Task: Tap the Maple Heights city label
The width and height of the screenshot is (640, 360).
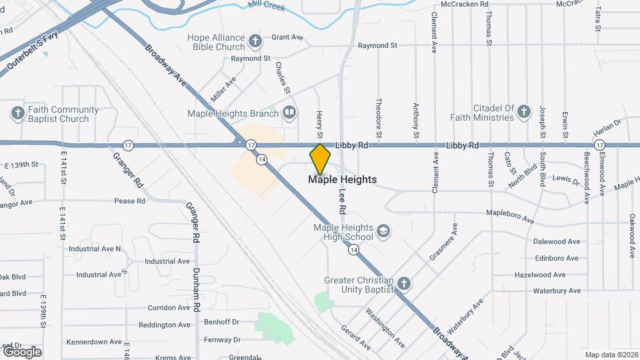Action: tap(342, 179)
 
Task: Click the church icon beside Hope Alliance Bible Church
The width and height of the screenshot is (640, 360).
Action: tap(255, 42)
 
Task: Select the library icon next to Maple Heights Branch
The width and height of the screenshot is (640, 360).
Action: tap(289, 112)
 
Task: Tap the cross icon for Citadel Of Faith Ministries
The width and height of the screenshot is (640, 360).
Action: tap(524, 112)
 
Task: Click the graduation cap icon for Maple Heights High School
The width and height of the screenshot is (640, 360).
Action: tap(383, 231)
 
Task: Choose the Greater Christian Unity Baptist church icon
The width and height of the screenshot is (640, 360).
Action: tap(403, 285)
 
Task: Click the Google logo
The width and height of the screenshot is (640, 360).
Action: tap(22, 351)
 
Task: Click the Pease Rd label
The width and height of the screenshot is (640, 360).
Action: tap(129, 201)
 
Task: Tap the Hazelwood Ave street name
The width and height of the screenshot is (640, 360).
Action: tap(540, 275)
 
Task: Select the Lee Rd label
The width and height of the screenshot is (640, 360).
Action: tap(342, 199)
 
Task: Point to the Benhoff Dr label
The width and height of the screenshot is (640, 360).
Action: tap(221, 321)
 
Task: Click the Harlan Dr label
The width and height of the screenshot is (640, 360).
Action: tap(609, 123)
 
